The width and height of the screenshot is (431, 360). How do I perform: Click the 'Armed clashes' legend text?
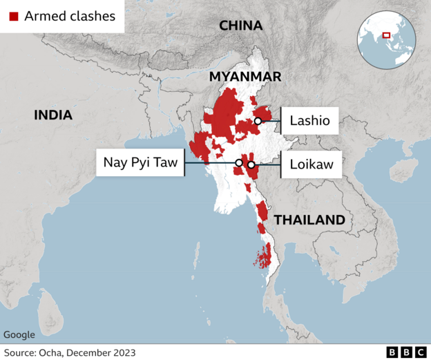pos(70,16)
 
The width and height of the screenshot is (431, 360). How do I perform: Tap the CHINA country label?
pos(240,26)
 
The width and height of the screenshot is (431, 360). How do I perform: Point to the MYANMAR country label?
pos(245,76)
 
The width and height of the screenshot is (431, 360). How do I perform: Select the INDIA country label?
pos(53,115)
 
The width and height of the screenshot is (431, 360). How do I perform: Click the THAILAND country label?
pos(309,220)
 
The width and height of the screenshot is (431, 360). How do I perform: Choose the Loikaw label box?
pos(311,164)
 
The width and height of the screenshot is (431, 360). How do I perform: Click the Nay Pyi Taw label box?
pos(140,163)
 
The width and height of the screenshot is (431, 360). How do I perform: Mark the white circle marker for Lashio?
pos(258,121)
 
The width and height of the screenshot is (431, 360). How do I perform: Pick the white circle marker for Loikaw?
pos(251,164)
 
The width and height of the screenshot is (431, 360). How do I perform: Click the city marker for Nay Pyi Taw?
pos(238,163)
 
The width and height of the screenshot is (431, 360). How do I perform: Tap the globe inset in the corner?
pos(386,39)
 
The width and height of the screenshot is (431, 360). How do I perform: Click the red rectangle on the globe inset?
pos(387,35)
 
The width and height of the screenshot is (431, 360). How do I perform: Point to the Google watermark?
pos(19,335)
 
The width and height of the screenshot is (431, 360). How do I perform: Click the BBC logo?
pos(405,352)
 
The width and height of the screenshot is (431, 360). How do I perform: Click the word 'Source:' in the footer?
pos(22,352)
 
